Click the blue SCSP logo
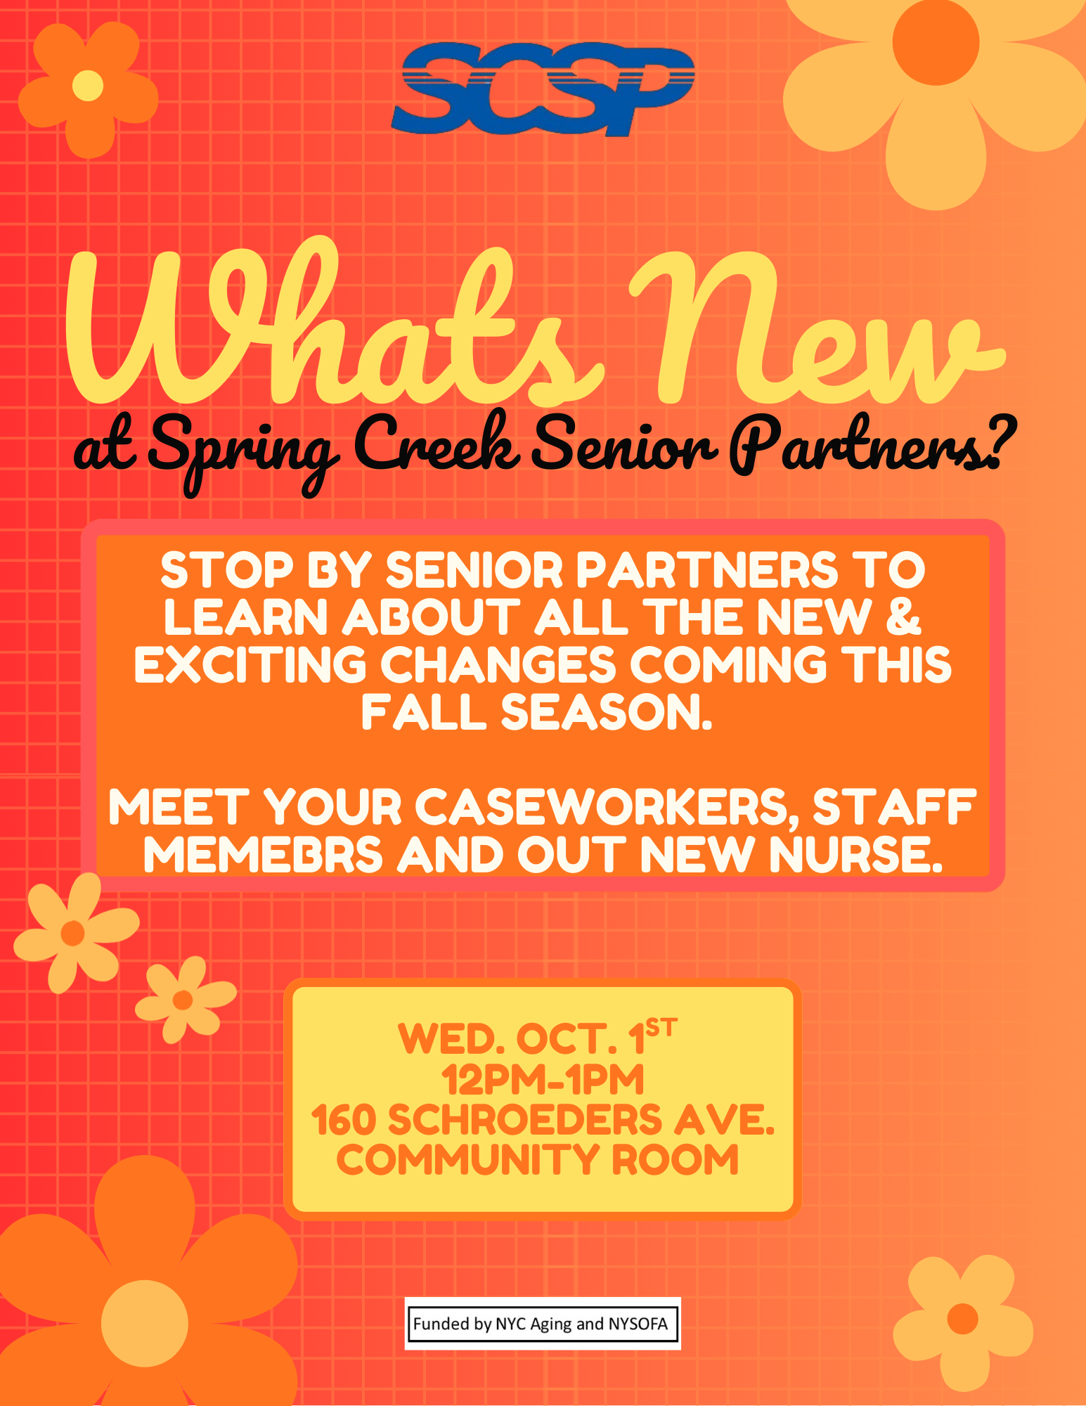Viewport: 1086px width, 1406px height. (x=543, y=89)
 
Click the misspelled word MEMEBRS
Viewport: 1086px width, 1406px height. (x=264, y=855)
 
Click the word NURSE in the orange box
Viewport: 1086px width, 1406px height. (x=855, y=855)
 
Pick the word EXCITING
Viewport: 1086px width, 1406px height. (x=250, y=664)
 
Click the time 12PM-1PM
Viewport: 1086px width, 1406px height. (x=543, y=1080)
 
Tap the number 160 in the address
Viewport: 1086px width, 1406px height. (x=344, y=1120)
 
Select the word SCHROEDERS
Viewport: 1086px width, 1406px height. (x=524, y=1120)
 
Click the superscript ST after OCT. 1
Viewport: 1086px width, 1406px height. (x=661, y=1028)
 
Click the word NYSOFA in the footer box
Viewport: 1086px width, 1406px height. (x=638, y=1324)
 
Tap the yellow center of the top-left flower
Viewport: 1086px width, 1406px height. (x=88, y=86)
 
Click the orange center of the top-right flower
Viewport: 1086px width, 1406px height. (x=936, y=41)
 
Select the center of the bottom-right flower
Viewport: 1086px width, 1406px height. (x=963, y=1318)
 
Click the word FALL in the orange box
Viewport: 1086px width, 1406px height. (x=424, y=712)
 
